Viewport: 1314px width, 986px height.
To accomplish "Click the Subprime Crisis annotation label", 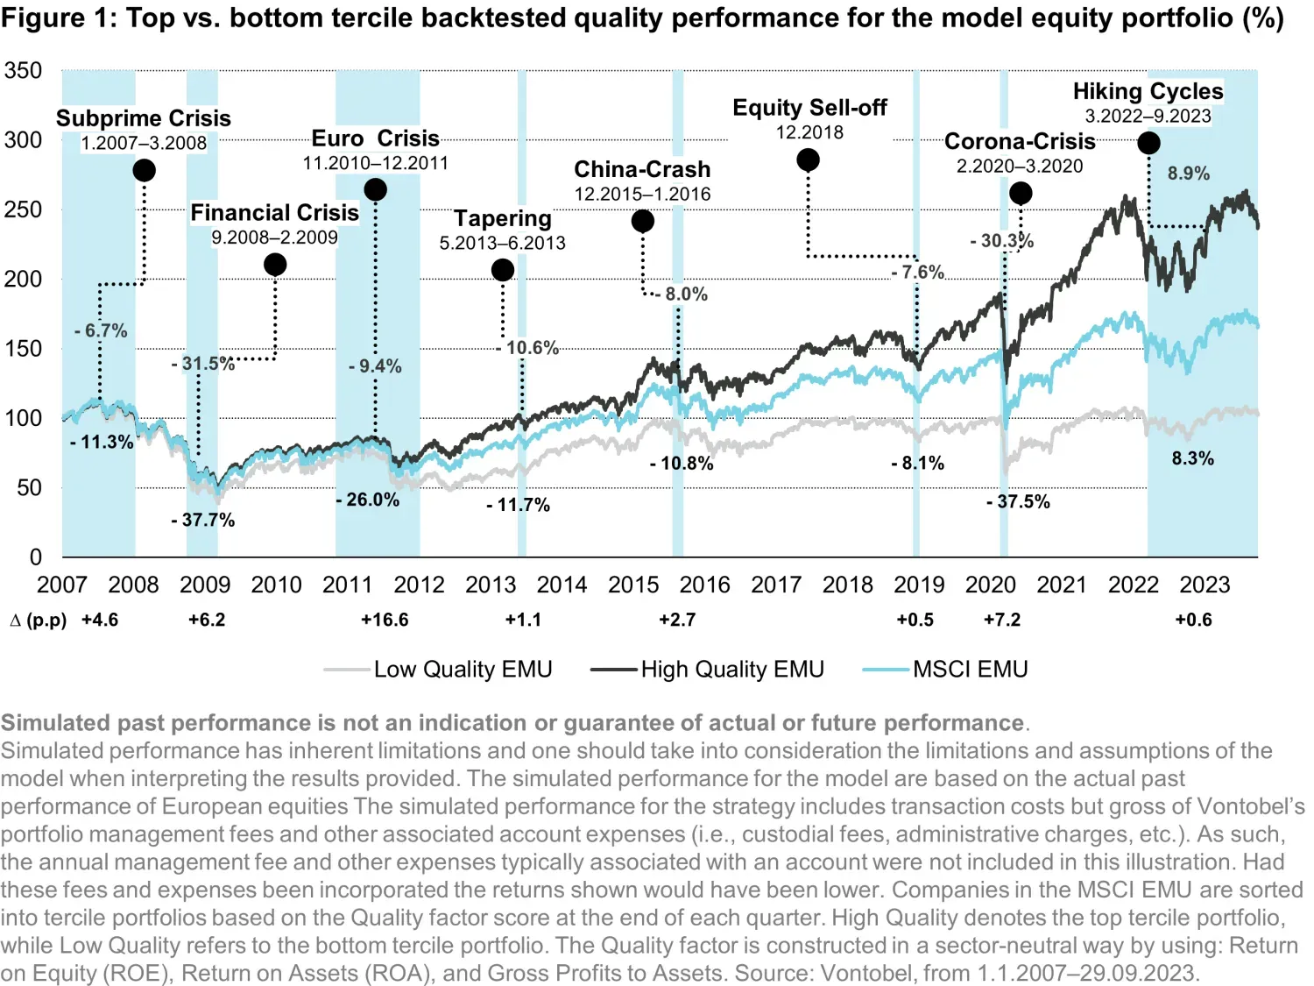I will pyautogui.click(x=143, y=118).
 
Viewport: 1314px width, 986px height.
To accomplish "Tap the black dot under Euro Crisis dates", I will pyautogui.click(x=375, y=190).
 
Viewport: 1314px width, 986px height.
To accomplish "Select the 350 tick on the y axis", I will pyautogui.click(x=23, y=70).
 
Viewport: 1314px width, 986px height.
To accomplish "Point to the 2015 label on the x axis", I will pyautogui.click(x=632, y=585).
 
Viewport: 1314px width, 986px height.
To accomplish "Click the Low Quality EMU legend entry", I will pyautogui.click(x=463, y=670).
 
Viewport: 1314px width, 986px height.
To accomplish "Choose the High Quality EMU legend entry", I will pyautogui.click(x=731, y=670).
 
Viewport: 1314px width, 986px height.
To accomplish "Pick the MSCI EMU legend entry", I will pyautogui.click(x=970, y=670).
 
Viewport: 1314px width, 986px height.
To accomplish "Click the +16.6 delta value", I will pyautogui.click(x=385, y=620).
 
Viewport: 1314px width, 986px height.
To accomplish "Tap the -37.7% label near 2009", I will pyautogui.click(x=203, y=520).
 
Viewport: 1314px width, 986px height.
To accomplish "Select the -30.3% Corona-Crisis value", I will pyautogui.click(x=1001, y=240).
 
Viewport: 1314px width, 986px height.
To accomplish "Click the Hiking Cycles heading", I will pyautogui.click(x=1148, y=91).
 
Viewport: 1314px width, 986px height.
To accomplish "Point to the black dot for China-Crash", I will pyautogui.click(x=642, y=222).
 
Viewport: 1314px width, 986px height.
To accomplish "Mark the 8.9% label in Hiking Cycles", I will pyautogui.click(x=1188, y=174).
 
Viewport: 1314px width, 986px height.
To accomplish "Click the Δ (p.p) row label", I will pyautogui.click(x=39, y=620).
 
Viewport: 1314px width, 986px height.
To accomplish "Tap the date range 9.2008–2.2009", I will pyautogui.click(x=274, y=238).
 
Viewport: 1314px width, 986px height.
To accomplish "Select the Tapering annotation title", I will pyautogui.click(x=502, y=218).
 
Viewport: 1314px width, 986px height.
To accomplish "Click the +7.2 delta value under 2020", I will pyautogui.click(x=1002, y=620).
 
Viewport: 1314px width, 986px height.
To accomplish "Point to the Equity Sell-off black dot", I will pyautogui.click(x=808, y=160).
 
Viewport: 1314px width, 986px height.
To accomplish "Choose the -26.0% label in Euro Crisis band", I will pyautogui.click(x=367, y=500).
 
